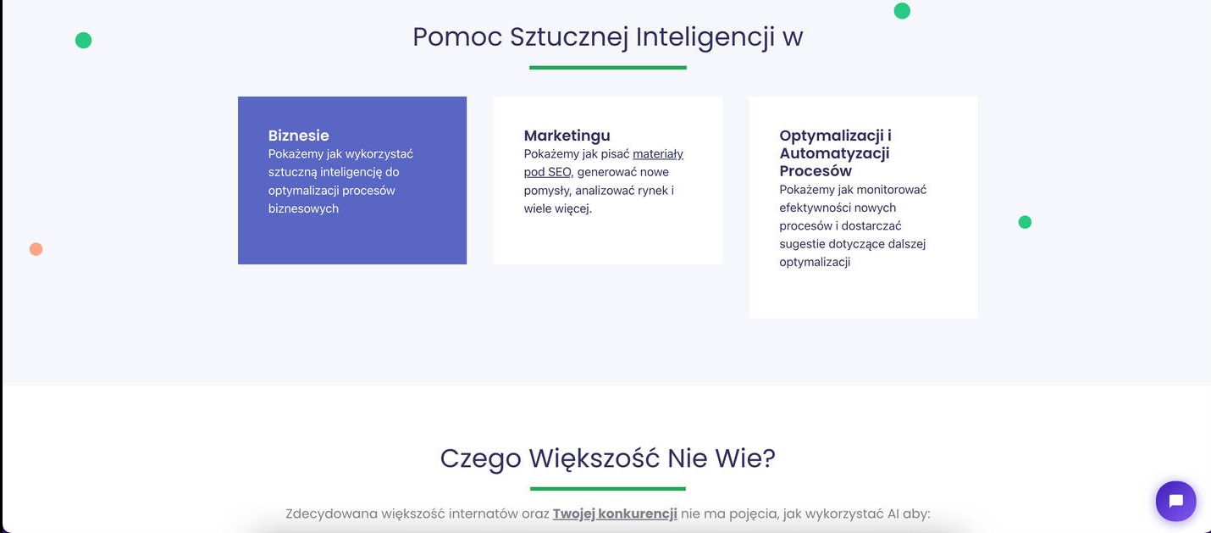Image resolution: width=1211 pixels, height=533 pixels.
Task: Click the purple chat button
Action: (1175, 501)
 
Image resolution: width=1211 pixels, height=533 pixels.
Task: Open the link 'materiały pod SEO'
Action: (657, 154)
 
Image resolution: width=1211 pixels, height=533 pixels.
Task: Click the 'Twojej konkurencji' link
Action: (615, 514)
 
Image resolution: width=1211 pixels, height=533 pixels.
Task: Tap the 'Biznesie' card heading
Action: (298, 136)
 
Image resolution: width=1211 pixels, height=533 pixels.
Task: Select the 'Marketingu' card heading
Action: (567, 136)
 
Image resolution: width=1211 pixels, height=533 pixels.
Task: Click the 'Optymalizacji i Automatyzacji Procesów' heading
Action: (834, 153)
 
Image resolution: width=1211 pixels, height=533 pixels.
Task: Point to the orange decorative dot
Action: (36, 249)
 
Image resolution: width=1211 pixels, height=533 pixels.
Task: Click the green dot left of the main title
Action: (83, 40)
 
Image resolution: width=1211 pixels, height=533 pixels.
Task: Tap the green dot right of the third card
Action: (1025, 222)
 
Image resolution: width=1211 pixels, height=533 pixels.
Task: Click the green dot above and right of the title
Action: (902, 11)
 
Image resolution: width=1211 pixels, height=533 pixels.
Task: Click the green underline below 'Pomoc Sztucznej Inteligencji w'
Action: (607, 67)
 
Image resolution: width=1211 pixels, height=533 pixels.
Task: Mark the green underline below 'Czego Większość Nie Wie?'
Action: (607, 488)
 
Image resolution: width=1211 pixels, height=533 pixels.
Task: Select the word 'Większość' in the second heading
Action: (594, 458)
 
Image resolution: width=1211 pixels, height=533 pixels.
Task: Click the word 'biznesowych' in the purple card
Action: (303, 208)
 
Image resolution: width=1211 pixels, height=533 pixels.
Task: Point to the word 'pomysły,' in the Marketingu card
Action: (547, 191)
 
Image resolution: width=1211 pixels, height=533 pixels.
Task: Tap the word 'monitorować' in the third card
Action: (892, 190)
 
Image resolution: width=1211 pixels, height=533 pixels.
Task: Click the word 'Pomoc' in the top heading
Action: (457, 37)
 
